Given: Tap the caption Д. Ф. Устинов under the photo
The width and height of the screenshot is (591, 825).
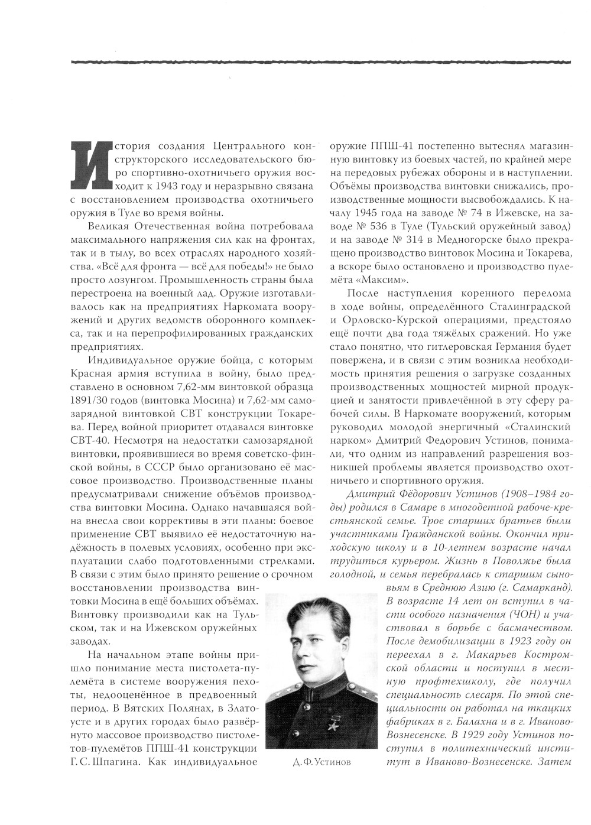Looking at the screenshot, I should [322, 762].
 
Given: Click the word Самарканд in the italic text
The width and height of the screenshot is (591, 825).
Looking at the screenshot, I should [541, 587].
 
